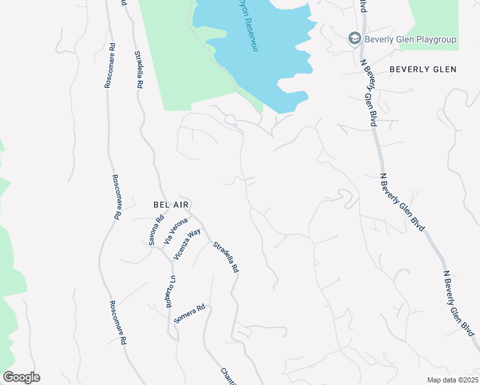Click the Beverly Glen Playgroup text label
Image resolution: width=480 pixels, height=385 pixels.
coord(411,39)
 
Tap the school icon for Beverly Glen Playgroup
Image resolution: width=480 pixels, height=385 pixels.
coord(354,39)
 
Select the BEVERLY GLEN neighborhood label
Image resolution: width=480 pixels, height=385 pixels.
coord(423,69)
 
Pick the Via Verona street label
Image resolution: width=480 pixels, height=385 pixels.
coord(175,232)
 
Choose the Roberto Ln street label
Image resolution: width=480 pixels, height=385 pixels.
coord(171,291)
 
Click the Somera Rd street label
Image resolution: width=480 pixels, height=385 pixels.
coord(189,314)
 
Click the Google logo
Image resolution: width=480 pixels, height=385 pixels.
coord(21,377)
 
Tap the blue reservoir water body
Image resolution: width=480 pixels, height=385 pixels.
coord(270,71)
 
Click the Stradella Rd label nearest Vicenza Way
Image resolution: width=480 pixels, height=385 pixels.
coord(226,257)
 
